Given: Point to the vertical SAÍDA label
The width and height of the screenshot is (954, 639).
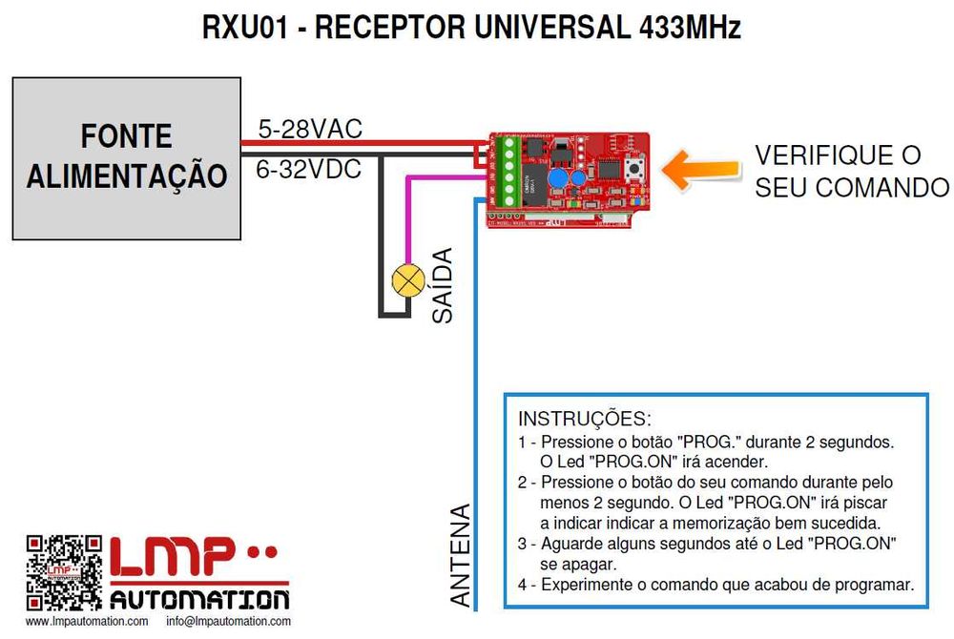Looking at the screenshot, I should click(442, 285).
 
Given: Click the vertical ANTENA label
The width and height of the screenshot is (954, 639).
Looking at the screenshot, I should click(461, 555).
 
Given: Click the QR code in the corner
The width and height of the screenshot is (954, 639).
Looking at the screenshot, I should click(63, 572).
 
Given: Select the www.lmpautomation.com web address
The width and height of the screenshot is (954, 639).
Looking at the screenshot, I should click(87, 622).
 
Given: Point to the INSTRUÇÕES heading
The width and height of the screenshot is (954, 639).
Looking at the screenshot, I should click(584, 419).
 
